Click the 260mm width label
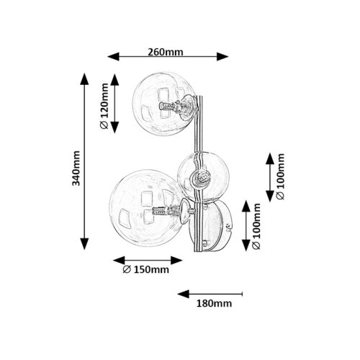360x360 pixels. [166, 52]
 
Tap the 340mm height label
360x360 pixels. [76, 168]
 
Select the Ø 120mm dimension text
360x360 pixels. [104, 106]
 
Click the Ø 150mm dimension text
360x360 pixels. [145, 269]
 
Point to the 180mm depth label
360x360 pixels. [214, 304]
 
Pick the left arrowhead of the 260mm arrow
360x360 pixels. [113, 57]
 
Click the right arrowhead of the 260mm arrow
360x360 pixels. [222, 57]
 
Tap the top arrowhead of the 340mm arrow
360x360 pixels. [84, 79]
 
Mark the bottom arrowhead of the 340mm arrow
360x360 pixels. [84, 244]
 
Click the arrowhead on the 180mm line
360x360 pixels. [184, 294]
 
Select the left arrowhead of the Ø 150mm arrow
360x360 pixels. [119, 261]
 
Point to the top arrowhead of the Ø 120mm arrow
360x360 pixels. [114, 80]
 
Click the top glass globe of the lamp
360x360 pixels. [164, 104]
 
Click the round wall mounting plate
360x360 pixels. [211, 225]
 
